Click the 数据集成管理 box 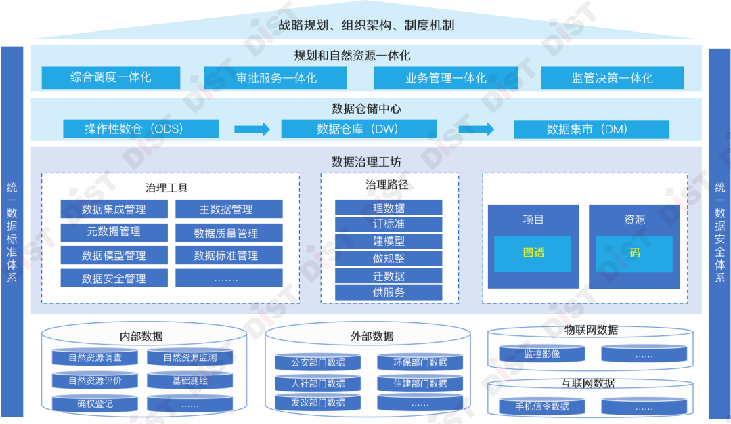pyautogui.click(x=113, y=209)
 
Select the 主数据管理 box pyautogui.click(x=229, y=209)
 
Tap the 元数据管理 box pyautogui.click(x=113, y=232)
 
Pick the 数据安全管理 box pyautogui.click(x=113, y=278)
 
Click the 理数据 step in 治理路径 pyautogui.click(x=389, y=208)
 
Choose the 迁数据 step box pyautogui.click(x=389, y=276)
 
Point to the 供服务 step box pyautogui.click(x=389, y=293)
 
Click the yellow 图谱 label pyautogui.click(x=533, y=253)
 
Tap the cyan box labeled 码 pyautogui.click(x=634, y=253)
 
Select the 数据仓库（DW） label pyautogui.click(x=357, y=129)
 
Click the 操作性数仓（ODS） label pyautogui.click(x=134, y=129)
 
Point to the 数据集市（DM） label pyautogui.click(x=588, y=129)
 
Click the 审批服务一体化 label pyautogui.click(x=276, y=78)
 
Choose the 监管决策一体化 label pyautogui.click(x=612, y=78)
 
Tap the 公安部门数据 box pyautogui.click(x=317, y=362)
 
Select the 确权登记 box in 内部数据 pyautogui.click(x=95, y=404)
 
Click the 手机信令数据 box pyautogui.click(x=541, y=406)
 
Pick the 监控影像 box pyautogui.click(x=541, y=354)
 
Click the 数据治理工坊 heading pyautogui.click(x=365, y=162)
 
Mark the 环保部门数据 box pyautogui.click(x=420, y=362)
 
